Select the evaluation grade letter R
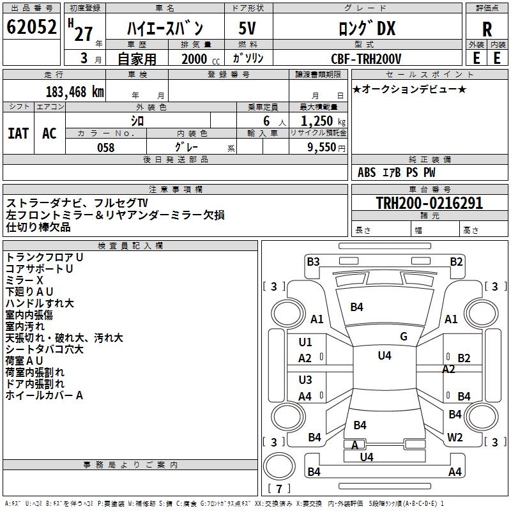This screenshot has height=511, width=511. point(487,29)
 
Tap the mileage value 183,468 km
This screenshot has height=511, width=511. point(75,91)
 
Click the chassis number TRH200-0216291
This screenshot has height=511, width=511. point(429,203)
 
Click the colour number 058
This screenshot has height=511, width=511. point(105,147)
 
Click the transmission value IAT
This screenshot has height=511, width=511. point(18,133)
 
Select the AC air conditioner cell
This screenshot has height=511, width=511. point(49,133)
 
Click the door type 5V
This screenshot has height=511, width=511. point(247,29)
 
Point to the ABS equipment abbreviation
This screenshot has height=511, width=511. point(367,172)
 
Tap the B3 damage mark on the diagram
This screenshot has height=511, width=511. point(312,261)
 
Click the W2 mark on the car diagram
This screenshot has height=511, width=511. point(455,438)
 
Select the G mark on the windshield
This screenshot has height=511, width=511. point(404,336)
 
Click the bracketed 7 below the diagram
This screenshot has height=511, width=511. point(279,489)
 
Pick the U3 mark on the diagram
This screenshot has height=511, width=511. point(305,380)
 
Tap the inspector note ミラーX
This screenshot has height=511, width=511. point(24,280)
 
